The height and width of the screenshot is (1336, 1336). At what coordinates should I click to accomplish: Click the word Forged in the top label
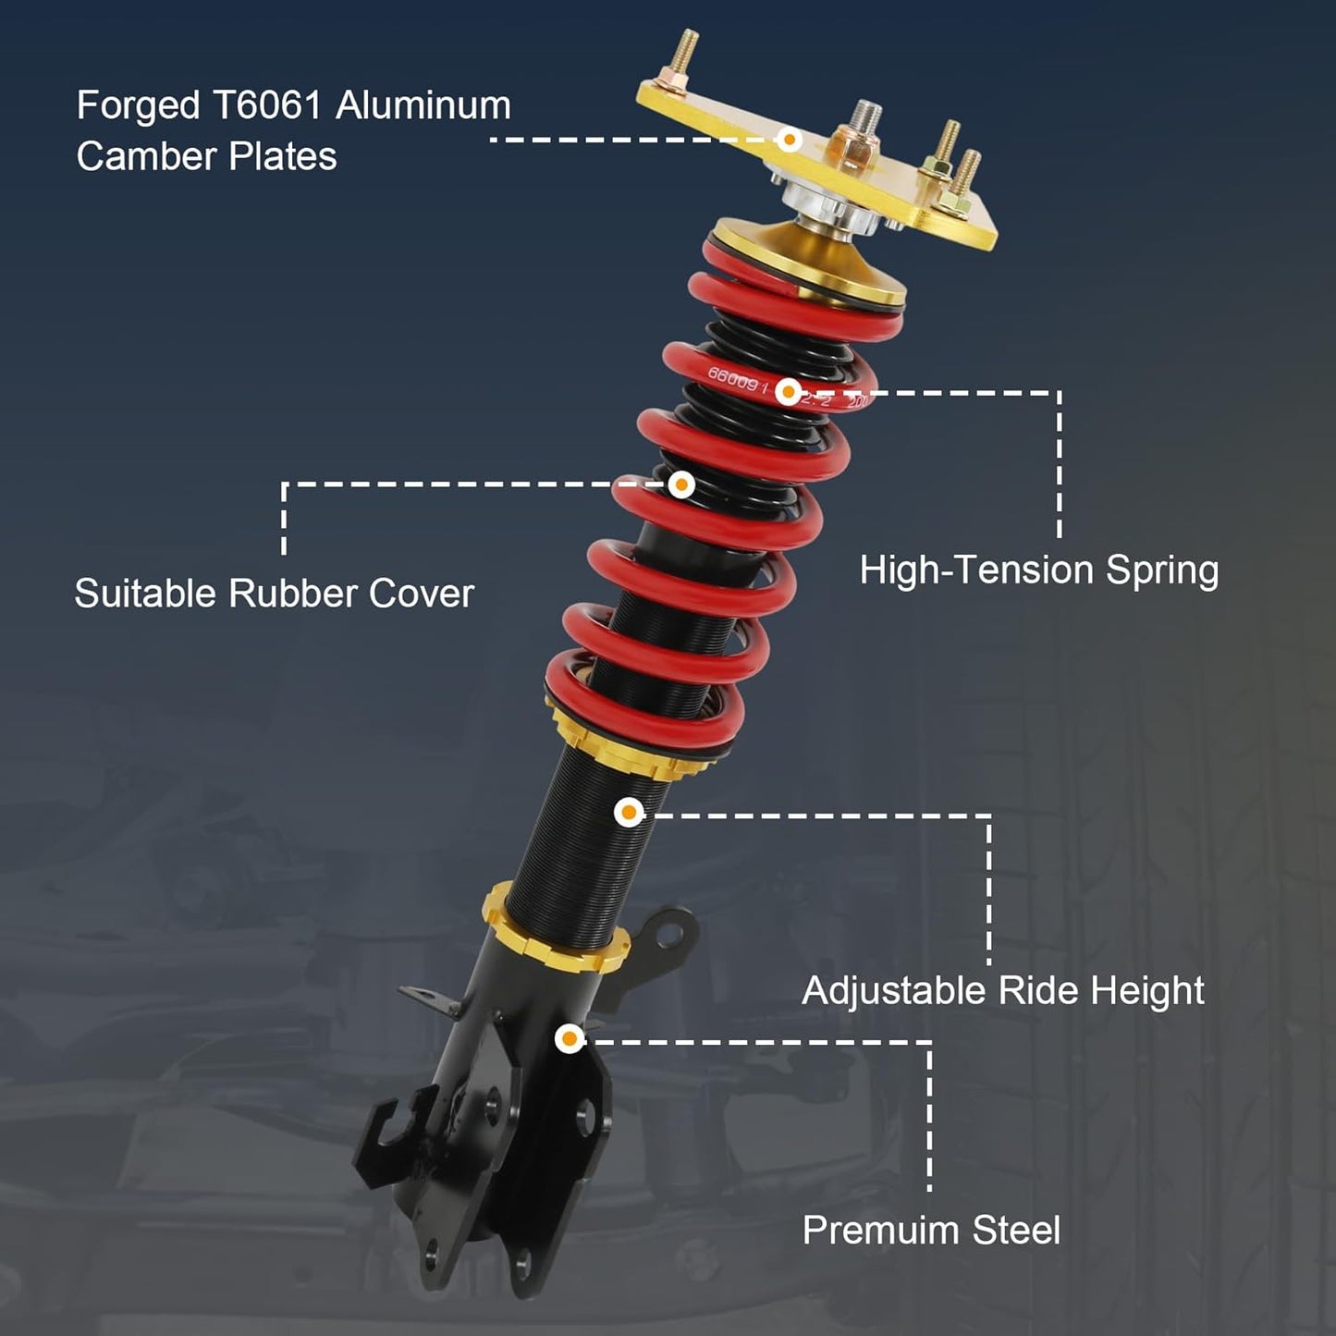pos(138,107)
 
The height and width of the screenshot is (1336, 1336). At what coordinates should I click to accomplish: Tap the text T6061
pos(267,105)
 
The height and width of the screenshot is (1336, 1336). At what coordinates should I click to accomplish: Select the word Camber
pos(145,156)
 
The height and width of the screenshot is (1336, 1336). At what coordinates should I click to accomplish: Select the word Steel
pos(1016,1231)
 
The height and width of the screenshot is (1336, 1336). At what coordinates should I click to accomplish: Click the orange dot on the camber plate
pos(789,140)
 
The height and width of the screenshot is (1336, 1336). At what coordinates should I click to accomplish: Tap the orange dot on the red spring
pos(789,392)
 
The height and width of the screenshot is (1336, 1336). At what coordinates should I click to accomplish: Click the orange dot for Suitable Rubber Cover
pos(681,484)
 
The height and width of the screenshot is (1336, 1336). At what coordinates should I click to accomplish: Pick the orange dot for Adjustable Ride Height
pos(629,812)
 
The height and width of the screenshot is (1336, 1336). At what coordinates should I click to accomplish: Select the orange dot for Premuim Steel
pos(570,1038)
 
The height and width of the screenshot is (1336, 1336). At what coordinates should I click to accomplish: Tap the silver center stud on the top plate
pos(865,117)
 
